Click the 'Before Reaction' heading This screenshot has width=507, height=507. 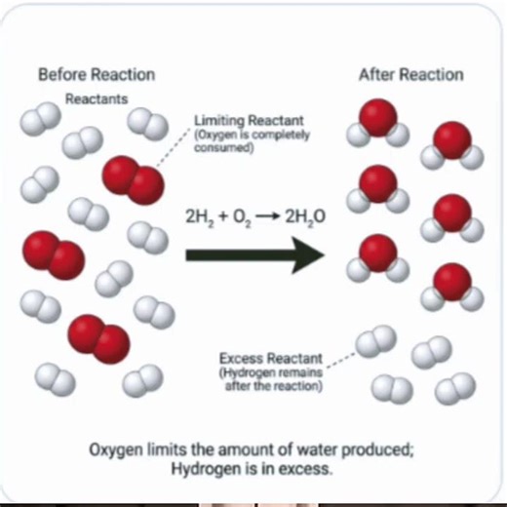click(x=96, y=75)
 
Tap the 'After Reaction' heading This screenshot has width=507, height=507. click(x=410, y=75)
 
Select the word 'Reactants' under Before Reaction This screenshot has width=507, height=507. click(x=96, y=98)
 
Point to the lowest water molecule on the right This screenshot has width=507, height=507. click(x=451, y=286)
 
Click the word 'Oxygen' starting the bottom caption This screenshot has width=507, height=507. click(x=114, y=450)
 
